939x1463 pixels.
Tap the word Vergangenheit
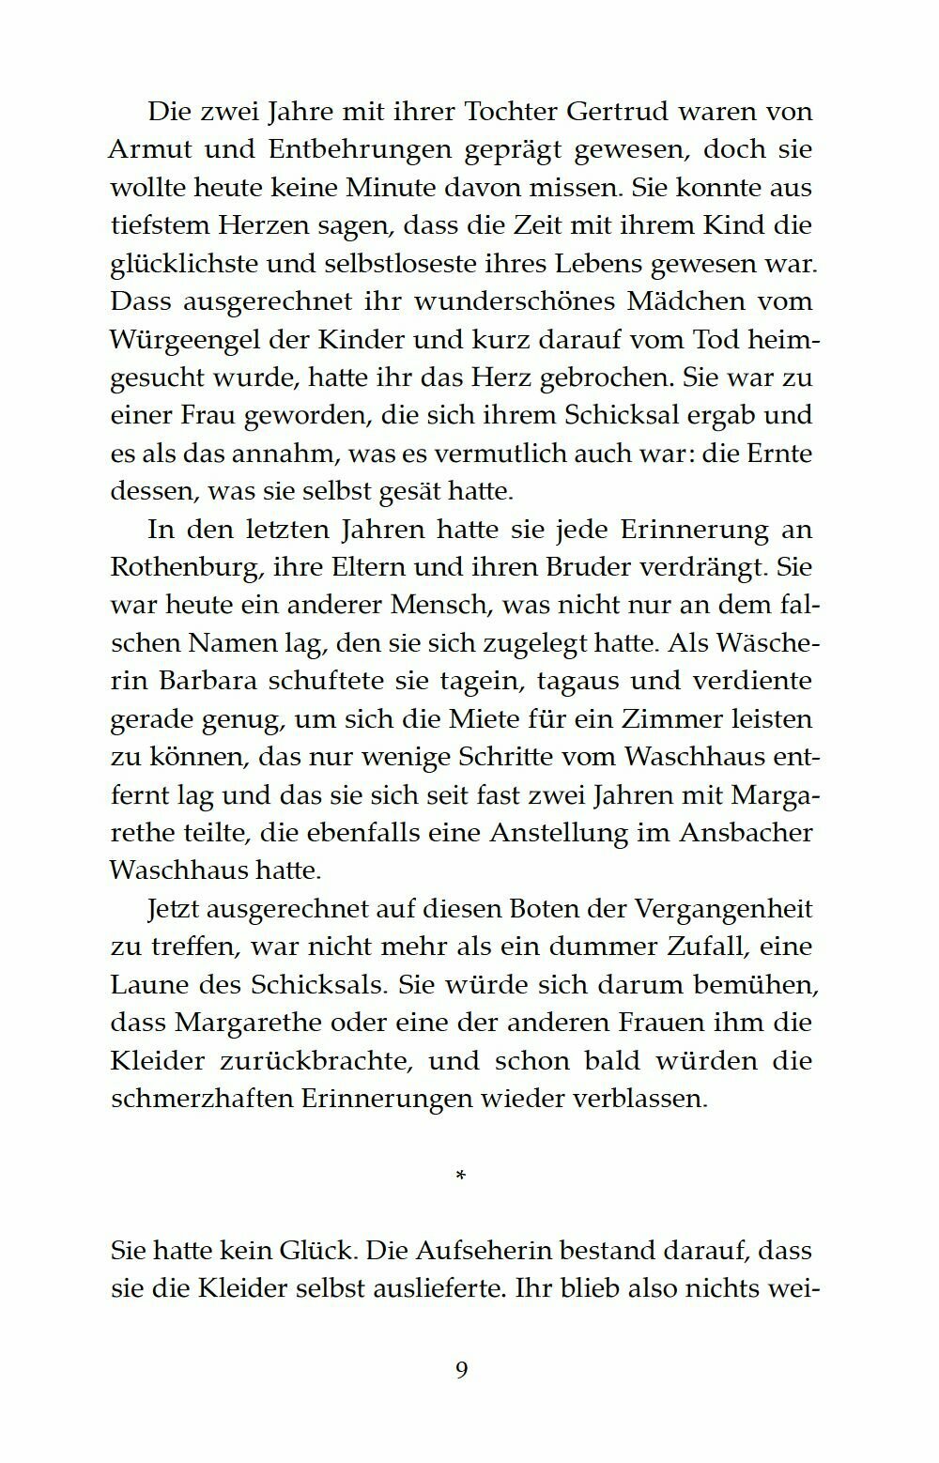tap(723, 909)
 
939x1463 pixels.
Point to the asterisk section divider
tap(460, 1175)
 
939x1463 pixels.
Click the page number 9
tap(461, 1370)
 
